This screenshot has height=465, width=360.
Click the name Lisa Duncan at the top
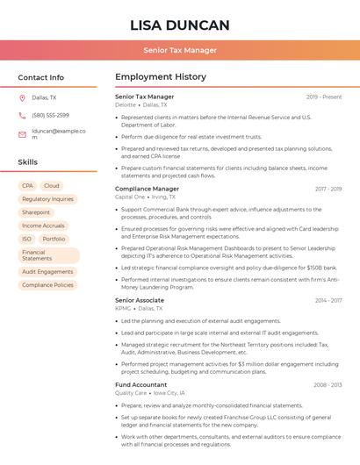click(179, 25)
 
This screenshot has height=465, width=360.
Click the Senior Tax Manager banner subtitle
click(179, 50)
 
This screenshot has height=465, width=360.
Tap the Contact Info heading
click(40, 77)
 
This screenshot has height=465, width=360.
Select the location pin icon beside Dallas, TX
click(22, 97)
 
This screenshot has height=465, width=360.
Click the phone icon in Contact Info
click(22, 115)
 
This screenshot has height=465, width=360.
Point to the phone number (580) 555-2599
click(50, 115)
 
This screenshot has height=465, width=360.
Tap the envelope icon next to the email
click(22, 134)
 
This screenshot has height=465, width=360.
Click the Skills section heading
click(27, 162)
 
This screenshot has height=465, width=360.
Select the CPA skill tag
click(27, 186)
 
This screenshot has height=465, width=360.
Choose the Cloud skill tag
click(52, 186)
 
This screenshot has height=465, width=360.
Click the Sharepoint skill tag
click(36, 212)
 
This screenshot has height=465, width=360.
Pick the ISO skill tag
click(26, 239)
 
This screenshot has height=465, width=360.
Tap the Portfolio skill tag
click(54, 239)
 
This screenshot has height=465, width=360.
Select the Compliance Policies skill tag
click(47, 285)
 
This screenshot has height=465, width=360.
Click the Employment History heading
click(160, 77)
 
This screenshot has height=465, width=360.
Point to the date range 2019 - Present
click(324, 97)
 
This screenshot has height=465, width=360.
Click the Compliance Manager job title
click(147, 189)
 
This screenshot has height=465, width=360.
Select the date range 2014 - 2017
click(328, 300)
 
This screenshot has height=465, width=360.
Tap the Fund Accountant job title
click(140, 384)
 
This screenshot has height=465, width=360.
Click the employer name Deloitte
click(126, 104)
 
